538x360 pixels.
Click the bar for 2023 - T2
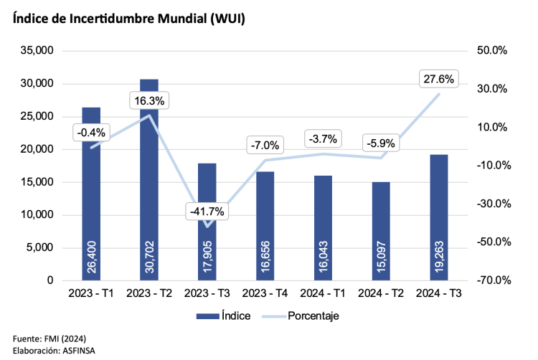tap(149, 179)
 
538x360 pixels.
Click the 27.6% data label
tap(439, 80)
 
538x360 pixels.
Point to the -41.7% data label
tap(207, 212)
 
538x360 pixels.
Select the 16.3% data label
tap(149, 101)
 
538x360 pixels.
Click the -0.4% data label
tap(91, 132)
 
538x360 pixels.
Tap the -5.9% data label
tap(381, 143)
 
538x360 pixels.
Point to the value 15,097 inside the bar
tap(381, 260)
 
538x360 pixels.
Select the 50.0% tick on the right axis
tap(492, 51)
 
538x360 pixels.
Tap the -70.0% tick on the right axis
tap(492, 280)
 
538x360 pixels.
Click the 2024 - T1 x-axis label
tap(323, 293)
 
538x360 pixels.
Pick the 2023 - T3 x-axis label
tap(207, 293)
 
